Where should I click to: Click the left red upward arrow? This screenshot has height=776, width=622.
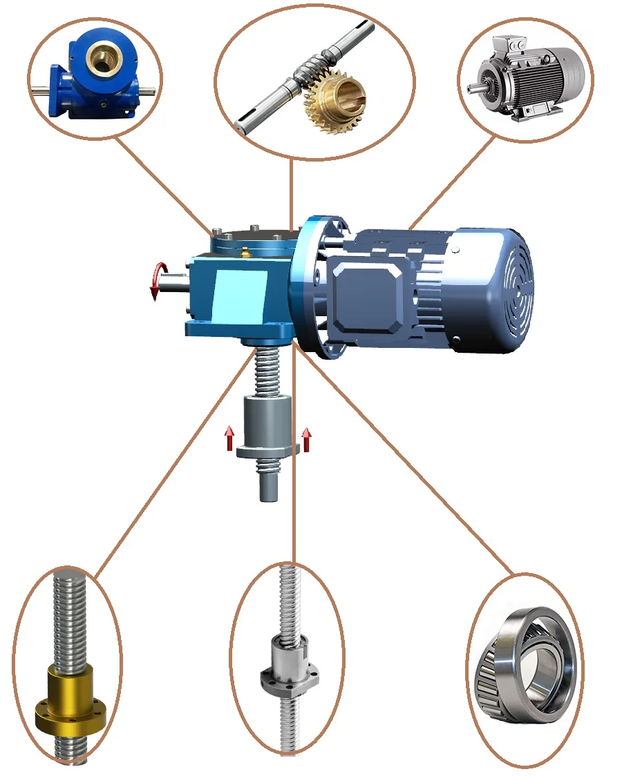click(229, 438)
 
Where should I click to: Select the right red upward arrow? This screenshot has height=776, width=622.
click(306, 438)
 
